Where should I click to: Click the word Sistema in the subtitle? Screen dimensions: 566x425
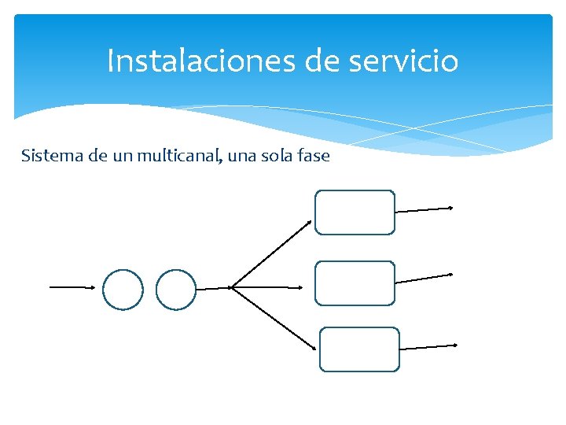point(52,156)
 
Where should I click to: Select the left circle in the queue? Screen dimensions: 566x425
point(123,289)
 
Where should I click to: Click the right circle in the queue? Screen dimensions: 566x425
point(175,289)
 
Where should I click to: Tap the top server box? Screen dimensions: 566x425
point(355,212)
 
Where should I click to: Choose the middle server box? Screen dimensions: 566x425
point(355,283)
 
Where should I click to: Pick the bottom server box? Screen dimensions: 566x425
point(360,349)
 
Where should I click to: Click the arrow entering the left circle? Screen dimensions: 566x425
point(72,287)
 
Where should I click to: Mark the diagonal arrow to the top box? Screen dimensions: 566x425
point(272,253)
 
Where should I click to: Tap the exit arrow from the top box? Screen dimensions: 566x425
point(424,209)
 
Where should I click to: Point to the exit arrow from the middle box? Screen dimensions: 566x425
point(424,278)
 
